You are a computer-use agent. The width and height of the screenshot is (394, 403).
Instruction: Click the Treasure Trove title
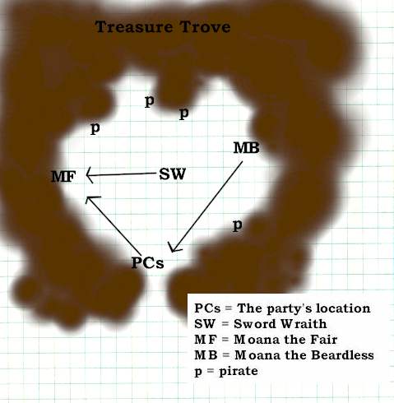[163, 27]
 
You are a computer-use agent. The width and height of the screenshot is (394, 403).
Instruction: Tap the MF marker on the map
[63, 176]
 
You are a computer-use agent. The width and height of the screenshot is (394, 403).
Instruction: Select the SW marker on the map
[173, 174]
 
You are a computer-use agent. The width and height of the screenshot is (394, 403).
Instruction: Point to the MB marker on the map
[246, 148]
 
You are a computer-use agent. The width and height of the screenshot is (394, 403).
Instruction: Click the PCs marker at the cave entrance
[147, 262]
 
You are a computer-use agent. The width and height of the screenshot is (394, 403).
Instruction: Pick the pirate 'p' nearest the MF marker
[95, 128]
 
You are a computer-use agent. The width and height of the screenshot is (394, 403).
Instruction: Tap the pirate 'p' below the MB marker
[238, 226]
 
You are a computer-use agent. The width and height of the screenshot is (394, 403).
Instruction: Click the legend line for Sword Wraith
[261, 324]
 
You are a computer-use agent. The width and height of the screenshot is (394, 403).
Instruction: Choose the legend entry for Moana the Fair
[266, 340]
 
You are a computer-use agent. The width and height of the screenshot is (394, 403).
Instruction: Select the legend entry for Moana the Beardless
[284, 355]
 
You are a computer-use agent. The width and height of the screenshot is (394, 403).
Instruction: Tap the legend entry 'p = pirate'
[226, 372]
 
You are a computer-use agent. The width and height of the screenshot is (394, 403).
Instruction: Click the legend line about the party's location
[282, 308]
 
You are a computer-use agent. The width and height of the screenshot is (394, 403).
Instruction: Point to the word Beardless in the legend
[342, 355]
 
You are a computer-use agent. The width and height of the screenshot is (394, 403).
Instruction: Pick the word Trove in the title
[205, 27]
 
